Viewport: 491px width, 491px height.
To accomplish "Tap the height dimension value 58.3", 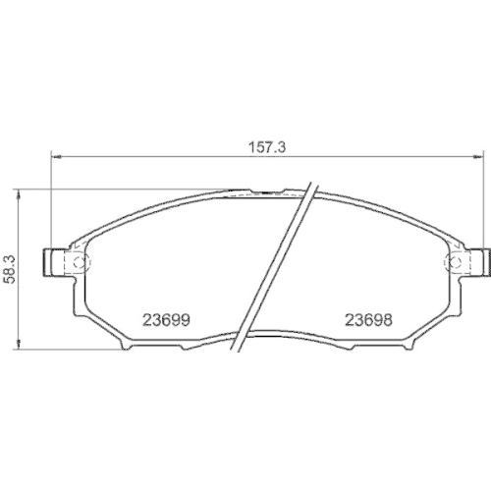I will pyautogui.click(x=9, y=266).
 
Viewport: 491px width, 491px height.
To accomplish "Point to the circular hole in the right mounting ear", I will pyautogui.click(x=455, y=262).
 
